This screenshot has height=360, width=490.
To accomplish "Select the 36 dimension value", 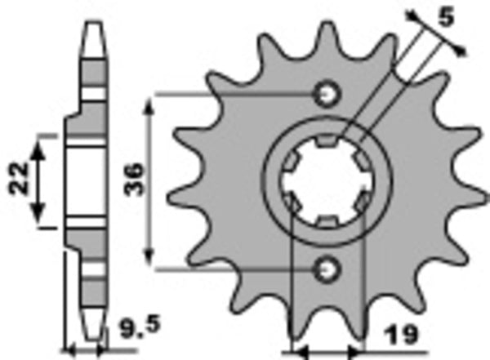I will pos(133,177).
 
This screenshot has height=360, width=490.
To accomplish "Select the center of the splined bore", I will pos(325,180).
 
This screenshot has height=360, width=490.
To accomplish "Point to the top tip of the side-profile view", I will pos(95,20).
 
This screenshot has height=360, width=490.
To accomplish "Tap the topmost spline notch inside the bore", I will pos(326,144).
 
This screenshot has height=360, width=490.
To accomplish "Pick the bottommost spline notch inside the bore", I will pos(324,221).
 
